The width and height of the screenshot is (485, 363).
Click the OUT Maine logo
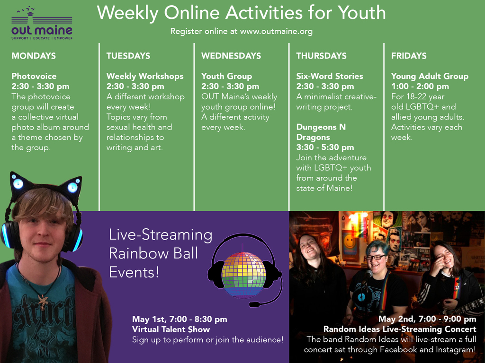[42, 23]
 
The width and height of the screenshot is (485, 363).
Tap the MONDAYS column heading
[34, 56]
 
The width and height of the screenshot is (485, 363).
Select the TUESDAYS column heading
[128, 56]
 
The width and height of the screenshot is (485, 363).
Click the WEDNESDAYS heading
[231, 56]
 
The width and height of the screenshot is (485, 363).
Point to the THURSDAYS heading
[322, 56]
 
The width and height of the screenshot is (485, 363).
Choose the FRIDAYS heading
[409, 56]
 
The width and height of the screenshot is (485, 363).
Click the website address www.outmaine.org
[276, 32]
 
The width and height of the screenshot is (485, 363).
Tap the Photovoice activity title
[34, 76]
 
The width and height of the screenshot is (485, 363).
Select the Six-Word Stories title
[330, 76]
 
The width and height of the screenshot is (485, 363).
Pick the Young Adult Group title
[430, 76]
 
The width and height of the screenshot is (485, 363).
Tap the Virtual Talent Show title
[171, 329]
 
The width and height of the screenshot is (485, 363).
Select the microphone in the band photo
[368, 274]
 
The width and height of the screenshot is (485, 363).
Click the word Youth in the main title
[361, 13]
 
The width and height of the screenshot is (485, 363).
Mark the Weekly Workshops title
[145, 76]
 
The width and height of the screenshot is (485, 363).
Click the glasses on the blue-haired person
[375, 257]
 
